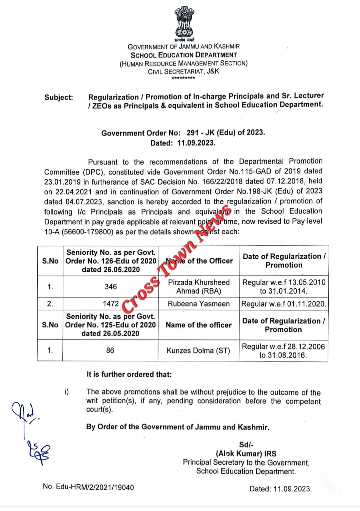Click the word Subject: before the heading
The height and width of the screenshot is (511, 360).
59,97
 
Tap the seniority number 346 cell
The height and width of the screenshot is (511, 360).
110,287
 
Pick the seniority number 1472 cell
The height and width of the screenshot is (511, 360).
110,304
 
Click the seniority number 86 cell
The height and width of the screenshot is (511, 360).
110,350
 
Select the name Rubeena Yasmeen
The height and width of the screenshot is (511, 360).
199,304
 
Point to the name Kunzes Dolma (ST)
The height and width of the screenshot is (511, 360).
198,350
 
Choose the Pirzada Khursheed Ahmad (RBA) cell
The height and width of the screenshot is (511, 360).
199,287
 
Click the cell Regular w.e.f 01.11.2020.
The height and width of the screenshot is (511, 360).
284,304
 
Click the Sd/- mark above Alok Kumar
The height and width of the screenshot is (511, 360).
246,445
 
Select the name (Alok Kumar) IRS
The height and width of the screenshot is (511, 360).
246,454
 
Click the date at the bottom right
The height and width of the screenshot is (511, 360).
280,489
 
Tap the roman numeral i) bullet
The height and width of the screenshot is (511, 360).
67,392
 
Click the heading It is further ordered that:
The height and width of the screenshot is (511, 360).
129,374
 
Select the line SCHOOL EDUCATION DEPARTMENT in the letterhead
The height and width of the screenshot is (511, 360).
184,55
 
